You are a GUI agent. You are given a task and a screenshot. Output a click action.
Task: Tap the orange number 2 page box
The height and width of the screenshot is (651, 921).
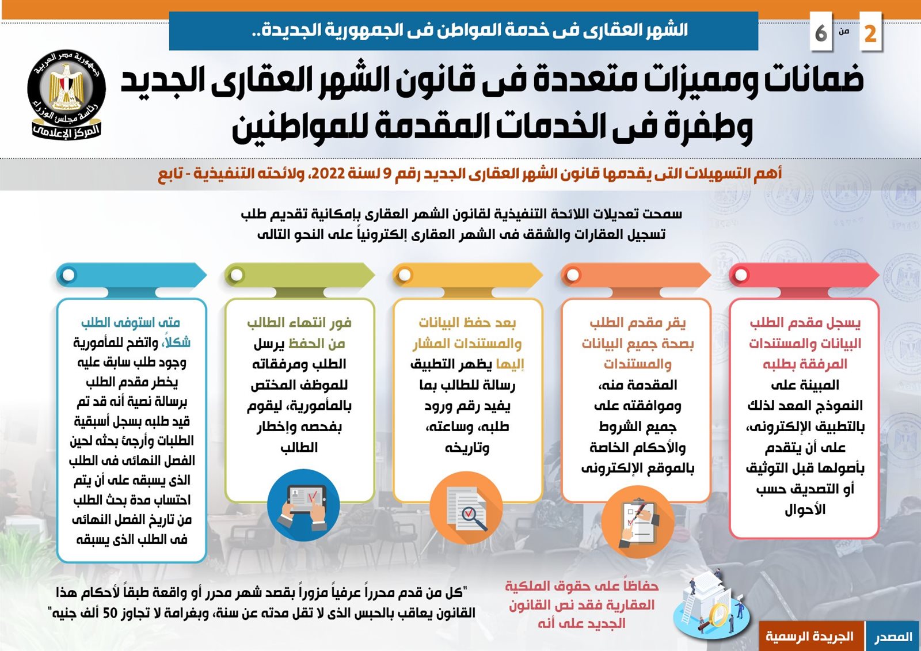coord(869,33)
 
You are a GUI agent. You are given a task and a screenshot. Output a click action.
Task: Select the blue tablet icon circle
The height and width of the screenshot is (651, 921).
coord(303,504)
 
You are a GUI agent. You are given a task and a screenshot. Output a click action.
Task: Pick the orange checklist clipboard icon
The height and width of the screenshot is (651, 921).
coord(637,521)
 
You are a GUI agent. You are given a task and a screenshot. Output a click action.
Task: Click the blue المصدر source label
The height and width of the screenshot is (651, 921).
coord(893,636)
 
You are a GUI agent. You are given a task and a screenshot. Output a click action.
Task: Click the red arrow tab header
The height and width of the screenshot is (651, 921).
coord(804,275)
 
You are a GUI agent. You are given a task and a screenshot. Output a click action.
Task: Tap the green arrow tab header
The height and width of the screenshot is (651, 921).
coord(299,275)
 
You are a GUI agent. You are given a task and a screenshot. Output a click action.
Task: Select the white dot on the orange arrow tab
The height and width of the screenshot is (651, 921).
coord(573,275)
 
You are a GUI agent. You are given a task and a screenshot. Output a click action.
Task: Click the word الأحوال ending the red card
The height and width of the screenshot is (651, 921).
coord(805,509)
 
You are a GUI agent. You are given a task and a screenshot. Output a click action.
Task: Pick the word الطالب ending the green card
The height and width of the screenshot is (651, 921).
coord(299,447)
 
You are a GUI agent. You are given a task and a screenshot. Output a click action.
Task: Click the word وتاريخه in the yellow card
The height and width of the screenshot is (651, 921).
coord(467,447)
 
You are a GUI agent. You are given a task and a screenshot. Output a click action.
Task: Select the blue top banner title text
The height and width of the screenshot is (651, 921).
coord(463,31)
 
